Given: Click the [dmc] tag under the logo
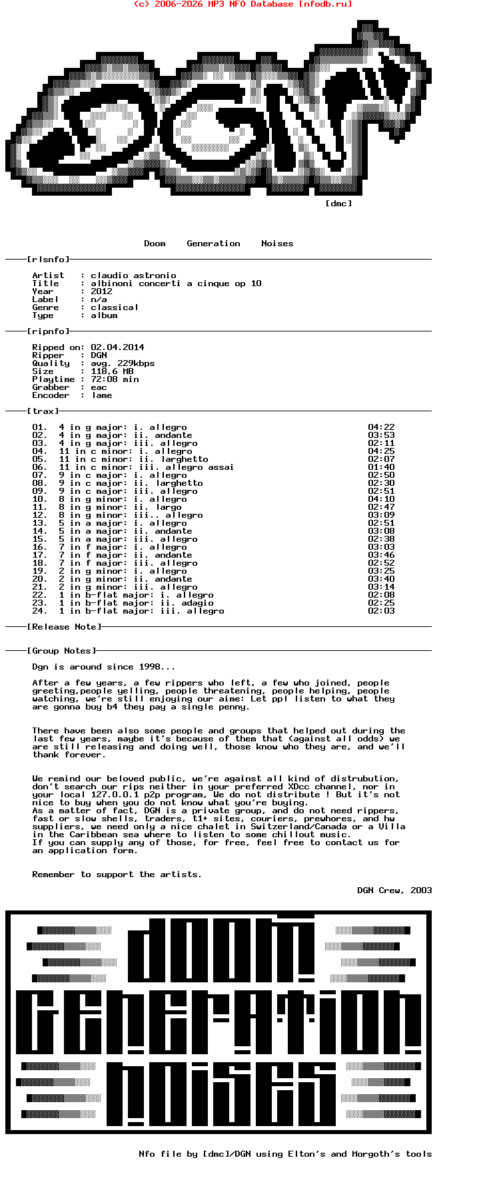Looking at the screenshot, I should (x=338, y=204).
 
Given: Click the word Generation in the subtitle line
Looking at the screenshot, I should (x=213, y=244).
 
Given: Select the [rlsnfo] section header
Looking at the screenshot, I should (x=48, y=260).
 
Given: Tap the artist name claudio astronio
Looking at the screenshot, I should (x=133, y=276).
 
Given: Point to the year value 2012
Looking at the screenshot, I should (x=101, y=292).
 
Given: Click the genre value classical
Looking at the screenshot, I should (x=115, y=307).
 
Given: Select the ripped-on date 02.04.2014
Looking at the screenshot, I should (x=117, y=347).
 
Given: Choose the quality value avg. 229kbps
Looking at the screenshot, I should (x=123, y=363).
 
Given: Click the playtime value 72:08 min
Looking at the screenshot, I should (x=115, y=379).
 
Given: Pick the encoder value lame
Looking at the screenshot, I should (x=101, y=395).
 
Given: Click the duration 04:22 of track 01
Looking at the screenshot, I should (x=381, y=427).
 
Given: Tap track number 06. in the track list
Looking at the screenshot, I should (x=40, y=467).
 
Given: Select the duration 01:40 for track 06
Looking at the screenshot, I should (x=381, y=467).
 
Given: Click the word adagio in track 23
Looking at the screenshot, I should (x=197, y=603).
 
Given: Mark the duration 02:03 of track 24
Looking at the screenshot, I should (x=381, y=611).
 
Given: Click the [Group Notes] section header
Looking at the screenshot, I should (x=61, y=651).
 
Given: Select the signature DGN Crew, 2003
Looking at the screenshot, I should (x=394, y=890).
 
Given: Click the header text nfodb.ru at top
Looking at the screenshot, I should (x=325, y=4).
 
